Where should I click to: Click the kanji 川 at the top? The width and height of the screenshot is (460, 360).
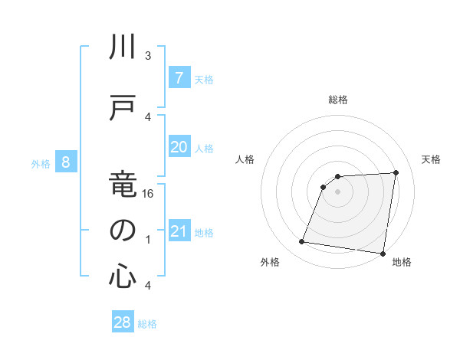point(123,48)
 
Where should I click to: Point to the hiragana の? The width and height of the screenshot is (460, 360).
point(123,231)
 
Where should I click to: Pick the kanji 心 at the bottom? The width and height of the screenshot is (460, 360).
point(123,276)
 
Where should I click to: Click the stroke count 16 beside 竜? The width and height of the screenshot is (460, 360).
point(149,194)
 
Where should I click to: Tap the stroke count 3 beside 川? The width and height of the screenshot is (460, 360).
point(148,56)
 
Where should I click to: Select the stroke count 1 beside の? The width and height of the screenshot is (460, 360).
point(148,240)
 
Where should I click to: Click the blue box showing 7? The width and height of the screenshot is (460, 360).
point(179,77)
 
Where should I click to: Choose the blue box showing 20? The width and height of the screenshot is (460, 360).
point(179,147)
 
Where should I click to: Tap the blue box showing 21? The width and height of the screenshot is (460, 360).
point(179,231)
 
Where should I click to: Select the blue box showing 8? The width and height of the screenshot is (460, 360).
point(67,162)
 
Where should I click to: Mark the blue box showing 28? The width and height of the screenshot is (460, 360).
point(123,322)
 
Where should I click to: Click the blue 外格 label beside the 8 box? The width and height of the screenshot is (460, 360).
point(41,163)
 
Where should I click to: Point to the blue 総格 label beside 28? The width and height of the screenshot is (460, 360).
point(147,324)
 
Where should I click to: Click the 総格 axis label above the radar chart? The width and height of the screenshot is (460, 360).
point(337,100)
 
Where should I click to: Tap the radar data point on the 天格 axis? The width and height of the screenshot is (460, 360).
point(396,172)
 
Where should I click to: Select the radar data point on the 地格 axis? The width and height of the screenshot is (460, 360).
point(383,254)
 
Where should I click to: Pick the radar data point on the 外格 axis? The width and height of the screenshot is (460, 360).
point(301,243)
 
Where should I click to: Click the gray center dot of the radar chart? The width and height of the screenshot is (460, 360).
point(337,191)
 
